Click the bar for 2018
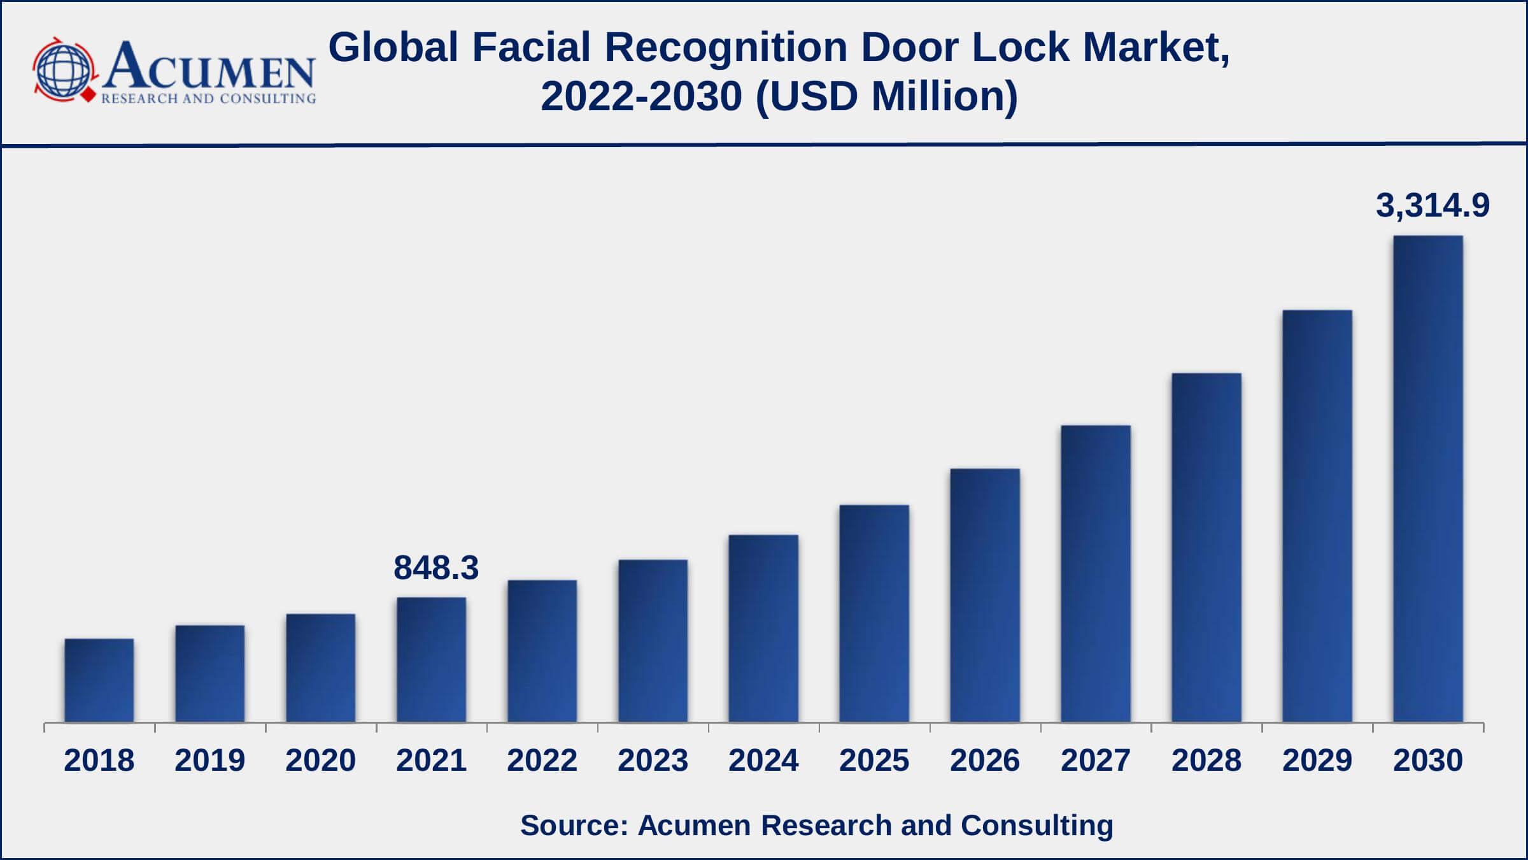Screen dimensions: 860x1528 99,680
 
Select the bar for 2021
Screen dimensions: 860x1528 432,659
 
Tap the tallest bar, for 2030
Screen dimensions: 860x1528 1428,479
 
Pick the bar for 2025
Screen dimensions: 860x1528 874,613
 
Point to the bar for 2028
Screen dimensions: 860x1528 1206,547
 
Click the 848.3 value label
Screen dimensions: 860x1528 436,568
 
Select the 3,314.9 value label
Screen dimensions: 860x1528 1433,206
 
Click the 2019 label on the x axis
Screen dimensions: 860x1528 210,760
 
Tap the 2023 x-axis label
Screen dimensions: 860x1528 653,760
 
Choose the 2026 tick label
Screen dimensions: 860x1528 985,760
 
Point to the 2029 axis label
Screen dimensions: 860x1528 1317,760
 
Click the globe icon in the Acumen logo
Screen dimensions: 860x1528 64,69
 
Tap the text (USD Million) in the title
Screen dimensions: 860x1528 887,97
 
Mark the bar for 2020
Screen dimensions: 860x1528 321,668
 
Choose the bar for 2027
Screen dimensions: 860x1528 1096,573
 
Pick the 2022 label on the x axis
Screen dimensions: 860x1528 542,760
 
